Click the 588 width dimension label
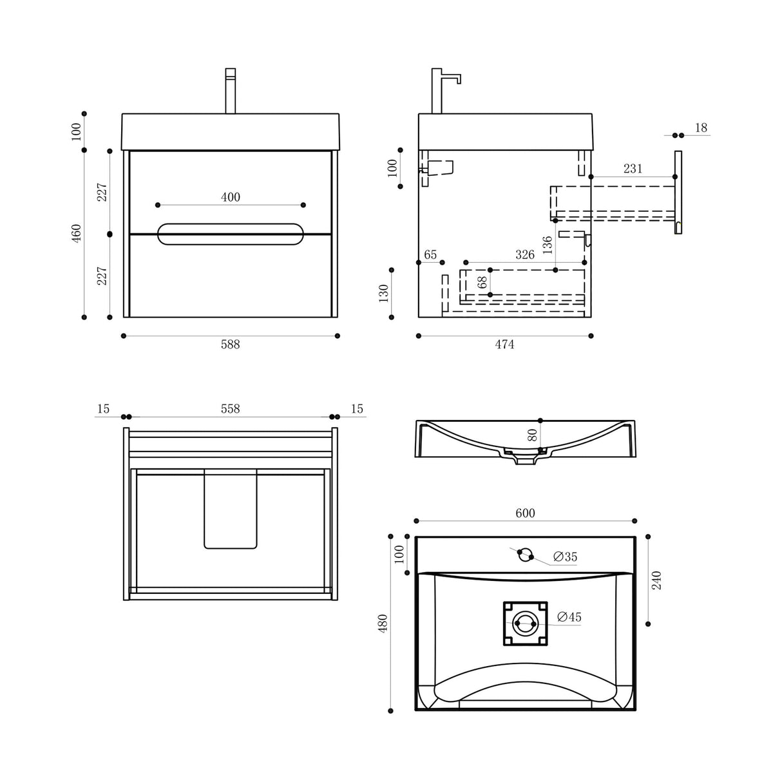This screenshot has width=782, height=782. tap(230, 345)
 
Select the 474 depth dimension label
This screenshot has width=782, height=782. tap(504, 345)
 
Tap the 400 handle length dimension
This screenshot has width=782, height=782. tap(231, 197)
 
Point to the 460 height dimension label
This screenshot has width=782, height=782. tap(77, 233)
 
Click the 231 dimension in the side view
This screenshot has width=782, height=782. tap(633, 169)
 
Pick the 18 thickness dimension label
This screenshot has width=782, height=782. tap(701, 128)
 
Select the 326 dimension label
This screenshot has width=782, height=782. tap(525, 254)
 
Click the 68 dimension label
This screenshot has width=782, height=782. tap(482, 282)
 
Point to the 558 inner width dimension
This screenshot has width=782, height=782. tap(230, 409)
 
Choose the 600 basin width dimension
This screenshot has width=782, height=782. tap(525, 513)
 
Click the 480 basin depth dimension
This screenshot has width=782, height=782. tap(383, 622)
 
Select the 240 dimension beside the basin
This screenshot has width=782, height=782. tap(656, 580)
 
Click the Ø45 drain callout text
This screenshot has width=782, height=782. tap(569, 617)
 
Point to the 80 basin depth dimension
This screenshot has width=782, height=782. tap(532, 435)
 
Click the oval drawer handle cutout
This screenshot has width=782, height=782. tap(230, 234)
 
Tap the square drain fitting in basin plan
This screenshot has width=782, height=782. tap(525, 624)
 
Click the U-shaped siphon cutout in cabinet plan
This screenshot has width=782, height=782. tap(230, 509)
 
